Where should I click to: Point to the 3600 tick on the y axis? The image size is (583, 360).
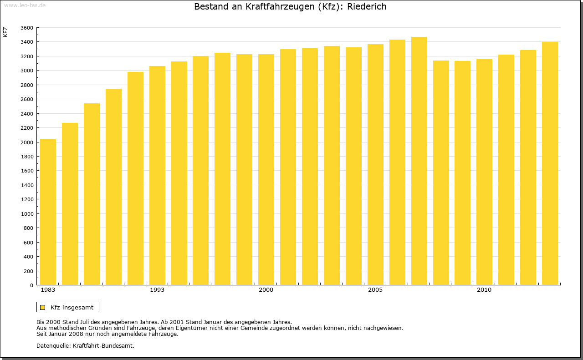(x=27, y=28)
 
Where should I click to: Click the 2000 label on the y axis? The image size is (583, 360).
(x=27, y=142)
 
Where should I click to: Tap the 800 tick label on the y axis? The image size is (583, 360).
(x=28, y=228)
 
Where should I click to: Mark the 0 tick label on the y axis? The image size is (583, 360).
(x=31, y=285)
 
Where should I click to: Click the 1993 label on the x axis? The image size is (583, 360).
(x=157, y=290)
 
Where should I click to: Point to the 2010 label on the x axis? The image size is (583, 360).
(x=484, y=290)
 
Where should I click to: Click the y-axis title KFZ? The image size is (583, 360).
(x=5, y=32)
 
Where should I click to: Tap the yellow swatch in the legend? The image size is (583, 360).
(x=43, y=307)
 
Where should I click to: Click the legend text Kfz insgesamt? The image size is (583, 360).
(x=72, y=307)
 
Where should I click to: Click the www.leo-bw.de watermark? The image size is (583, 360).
(x=25, y=5)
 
